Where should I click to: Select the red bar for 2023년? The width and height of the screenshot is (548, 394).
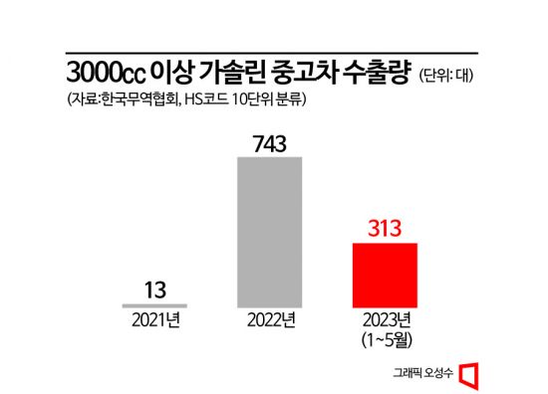386,275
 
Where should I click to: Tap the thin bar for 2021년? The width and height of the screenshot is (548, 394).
154,304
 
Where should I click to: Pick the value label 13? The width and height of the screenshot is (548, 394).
154,290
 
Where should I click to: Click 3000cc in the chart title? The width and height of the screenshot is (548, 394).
107,73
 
